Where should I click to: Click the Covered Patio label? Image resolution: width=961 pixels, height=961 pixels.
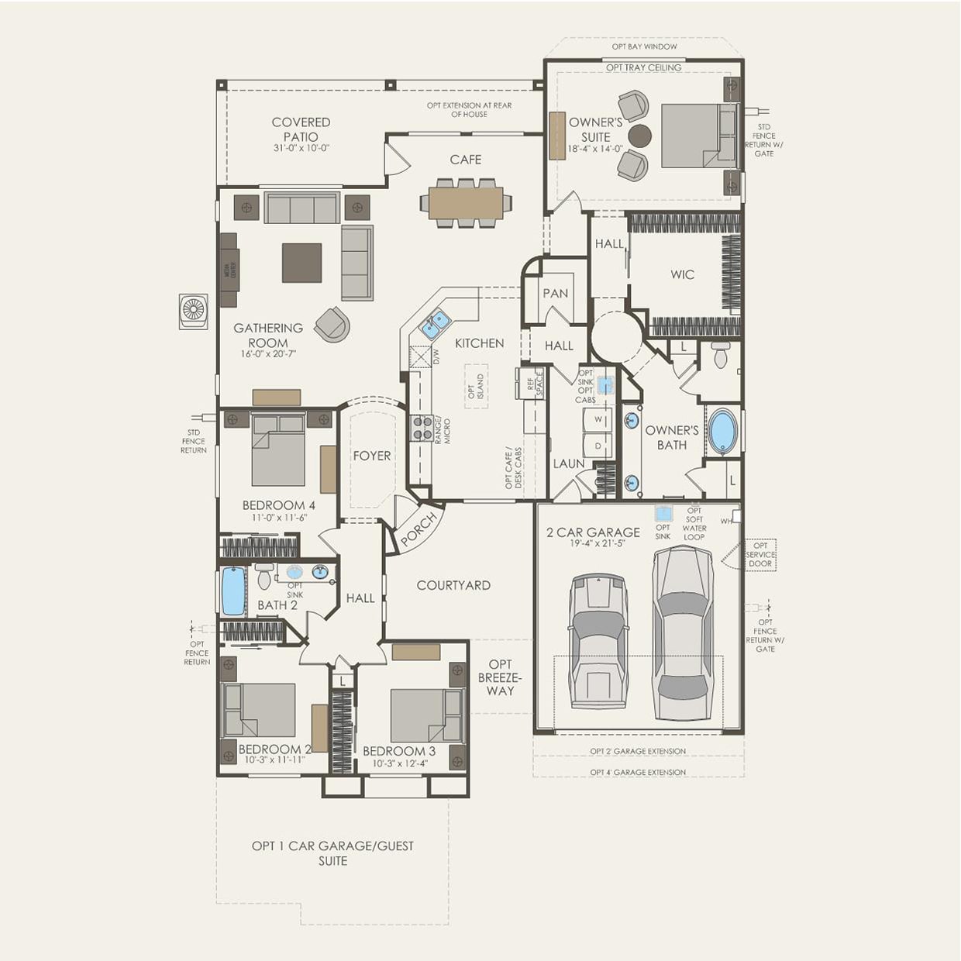tap(301, 129)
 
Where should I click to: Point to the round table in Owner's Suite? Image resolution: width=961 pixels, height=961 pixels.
tap(639, 136)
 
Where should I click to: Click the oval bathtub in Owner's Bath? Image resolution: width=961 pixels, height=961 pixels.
tap(723, 431)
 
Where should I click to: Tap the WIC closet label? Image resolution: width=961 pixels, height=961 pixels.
tap(682, 274)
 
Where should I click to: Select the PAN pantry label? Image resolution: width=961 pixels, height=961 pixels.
tap(555, 294)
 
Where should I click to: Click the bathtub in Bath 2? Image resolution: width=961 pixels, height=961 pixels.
tap(233, 591)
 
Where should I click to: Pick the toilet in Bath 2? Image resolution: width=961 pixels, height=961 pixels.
tap(264, 577)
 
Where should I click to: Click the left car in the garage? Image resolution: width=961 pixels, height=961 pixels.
tap(598, 642)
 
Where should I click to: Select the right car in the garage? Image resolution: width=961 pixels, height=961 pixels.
tap(682, 632)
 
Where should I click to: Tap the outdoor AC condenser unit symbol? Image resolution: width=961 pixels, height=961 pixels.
tap(193, 311)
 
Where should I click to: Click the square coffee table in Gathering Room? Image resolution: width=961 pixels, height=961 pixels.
tap(301, 263)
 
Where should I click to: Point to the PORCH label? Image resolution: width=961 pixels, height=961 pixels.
tap(418, 529)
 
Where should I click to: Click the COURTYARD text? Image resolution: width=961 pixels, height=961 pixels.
tap(453, 585)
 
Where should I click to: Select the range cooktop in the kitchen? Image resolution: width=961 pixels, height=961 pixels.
tap(422, 429)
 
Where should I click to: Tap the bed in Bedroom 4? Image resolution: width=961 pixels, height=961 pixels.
tap(277, 452)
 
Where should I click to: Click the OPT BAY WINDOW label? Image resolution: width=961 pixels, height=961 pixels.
tap(644, 46)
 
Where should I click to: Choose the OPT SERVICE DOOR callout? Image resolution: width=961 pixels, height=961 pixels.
tap(760, 554)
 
